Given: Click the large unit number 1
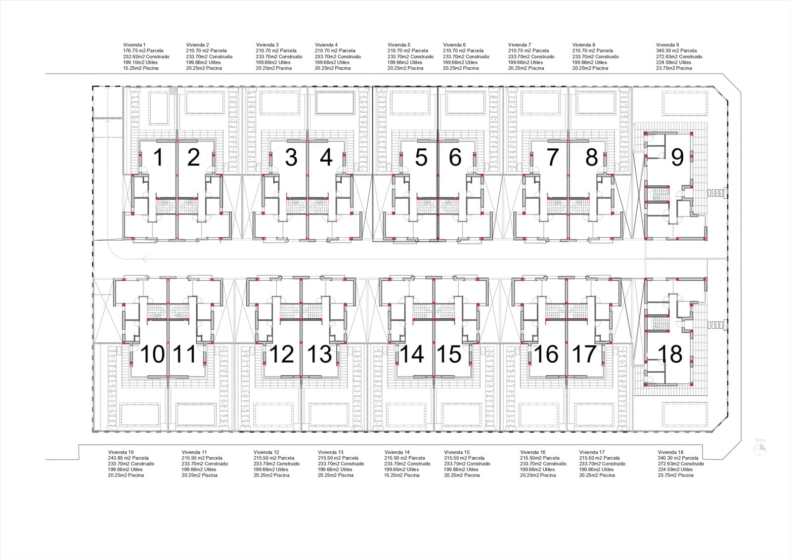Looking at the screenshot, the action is [x=159, y=157].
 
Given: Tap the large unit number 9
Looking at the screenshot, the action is [x=677, y=157].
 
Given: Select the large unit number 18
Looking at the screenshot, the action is [x=670, y=354].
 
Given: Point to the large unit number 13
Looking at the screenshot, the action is [x=319, y=354].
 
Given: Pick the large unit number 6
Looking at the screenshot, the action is [x=455, y=157].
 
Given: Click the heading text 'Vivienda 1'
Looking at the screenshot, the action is [x=134, y=45].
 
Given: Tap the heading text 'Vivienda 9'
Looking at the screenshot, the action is [x=667, y=45].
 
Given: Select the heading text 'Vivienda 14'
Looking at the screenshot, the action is [x=397, y=452].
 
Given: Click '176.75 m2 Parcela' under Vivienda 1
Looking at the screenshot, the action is [x=143, y=50].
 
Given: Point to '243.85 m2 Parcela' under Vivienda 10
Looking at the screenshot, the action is [x=128, y=458].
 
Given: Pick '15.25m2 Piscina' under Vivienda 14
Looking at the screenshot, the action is [x=402, y=475].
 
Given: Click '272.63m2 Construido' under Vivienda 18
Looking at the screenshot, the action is [x=681, y=463].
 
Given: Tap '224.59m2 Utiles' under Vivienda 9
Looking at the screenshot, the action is [x=673, y=62].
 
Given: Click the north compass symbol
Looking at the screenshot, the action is [x=760, y=449].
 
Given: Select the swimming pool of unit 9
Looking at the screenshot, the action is [x=685, y=103].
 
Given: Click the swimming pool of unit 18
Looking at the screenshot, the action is [x=685, y=415].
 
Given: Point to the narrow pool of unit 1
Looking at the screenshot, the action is [x=159, y=108].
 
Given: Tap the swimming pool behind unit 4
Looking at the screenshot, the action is [x=335, y=103].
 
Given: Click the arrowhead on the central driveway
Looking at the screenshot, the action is [x=144, y=259].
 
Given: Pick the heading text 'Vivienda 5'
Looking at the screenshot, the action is [x=399, y=45].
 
